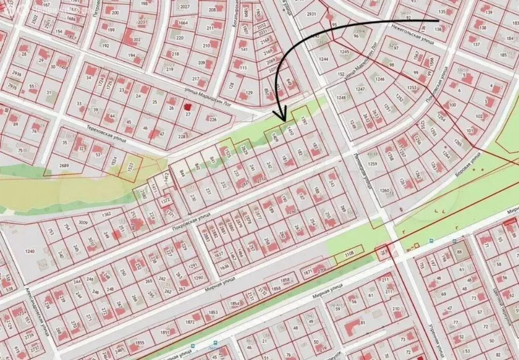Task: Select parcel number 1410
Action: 290,132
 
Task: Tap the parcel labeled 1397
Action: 304,121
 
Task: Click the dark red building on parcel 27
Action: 188,107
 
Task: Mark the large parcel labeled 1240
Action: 30,251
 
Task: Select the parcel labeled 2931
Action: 311,15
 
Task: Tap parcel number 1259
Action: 373,164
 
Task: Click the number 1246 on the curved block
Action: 380,79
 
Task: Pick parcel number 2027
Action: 184,7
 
